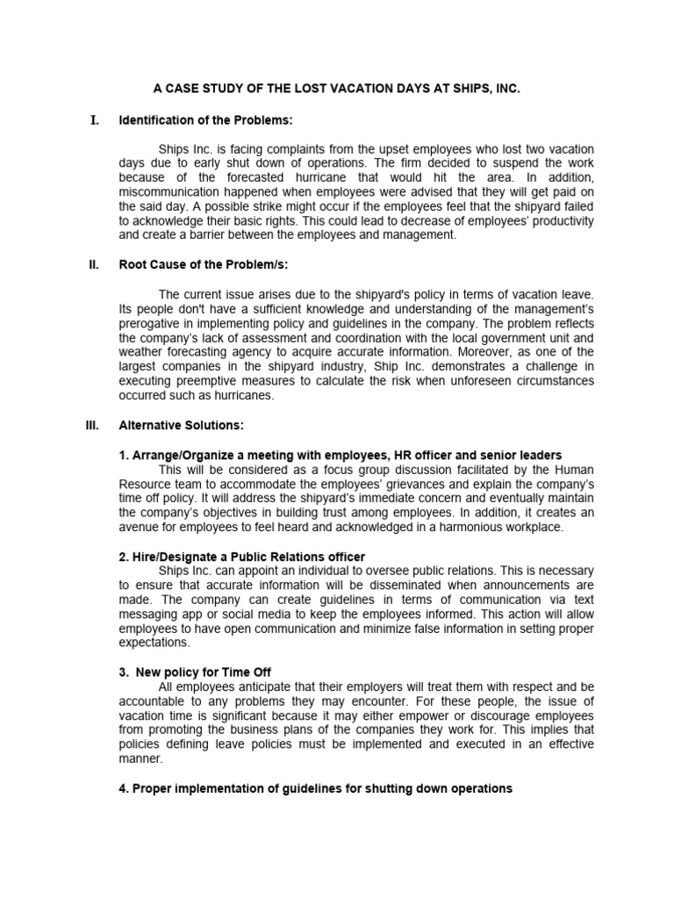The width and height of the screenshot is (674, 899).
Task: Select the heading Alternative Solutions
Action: tap(182, 425)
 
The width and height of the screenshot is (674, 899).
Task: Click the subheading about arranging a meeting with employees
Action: tap(340, 455)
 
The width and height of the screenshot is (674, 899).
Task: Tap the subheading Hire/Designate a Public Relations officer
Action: tap(241, 557)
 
